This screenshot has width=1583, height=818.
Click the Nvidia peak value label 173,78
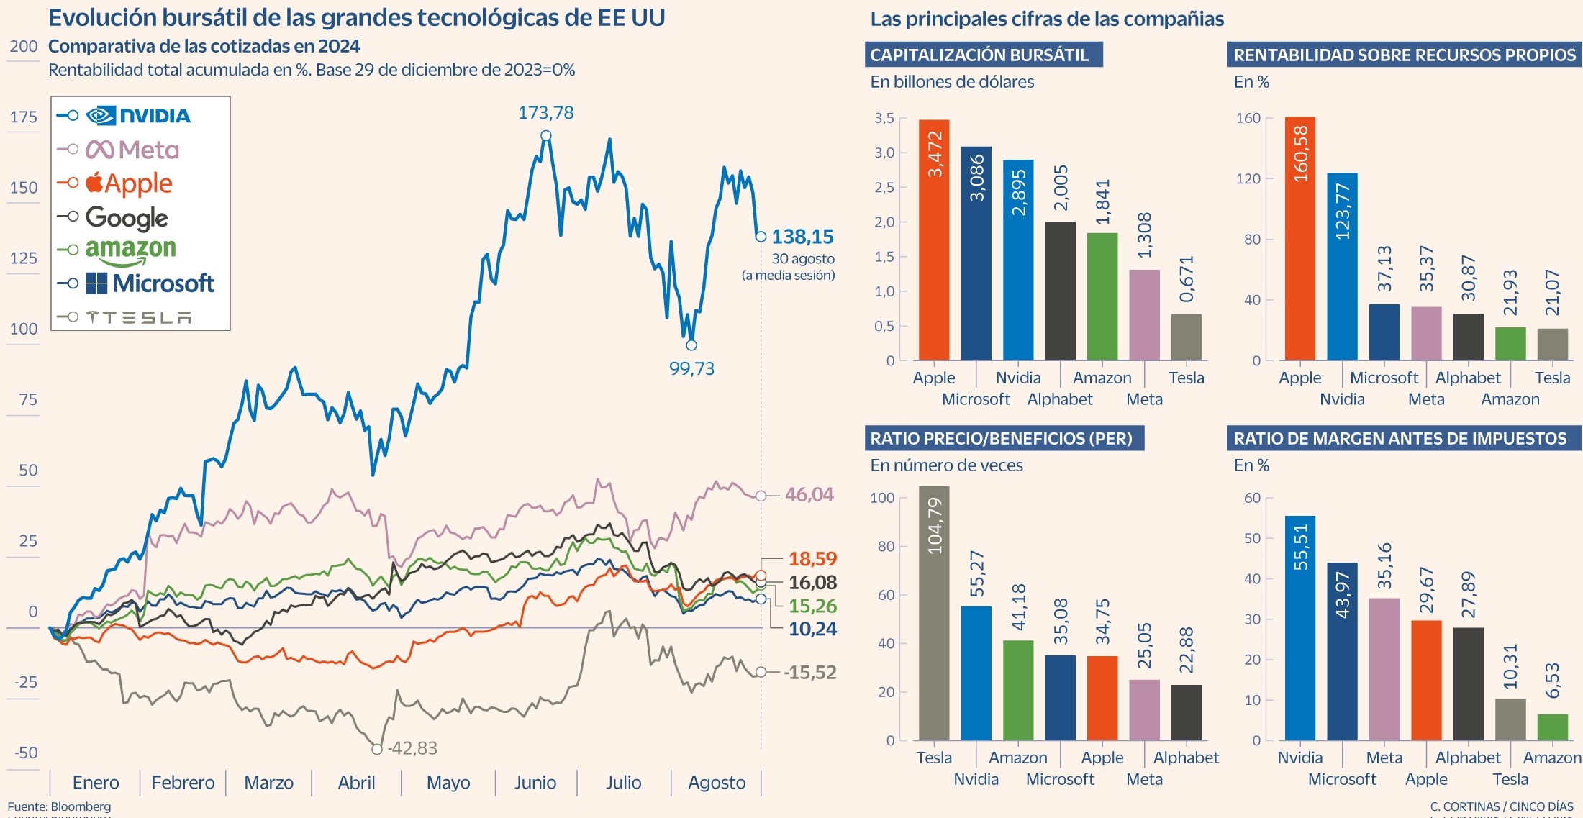[x=545, y=113]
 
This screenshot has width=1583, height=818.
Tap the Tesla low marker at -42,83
[x=376, y=749]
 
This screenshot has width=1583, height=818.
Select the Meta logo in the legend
[x=132, y=150]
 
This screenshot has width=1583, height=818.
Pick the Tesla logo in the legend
[x=138, y=317]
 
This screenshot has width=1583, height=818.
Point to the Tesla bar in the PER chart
[x=933, y=613]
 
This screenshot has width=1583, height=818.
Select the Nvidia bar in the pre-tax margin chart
[x=1299, y=627]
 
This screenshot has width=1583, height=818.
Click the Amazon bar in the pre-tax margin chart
[x=1552, y=727]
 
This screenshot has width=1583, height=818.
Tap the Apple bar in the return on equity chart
[x=1299, y=238]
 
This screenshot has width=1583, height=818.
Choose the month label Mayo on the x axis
[x=448, y=783]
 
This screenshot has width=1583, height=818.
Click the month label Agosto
[x=716, y=783]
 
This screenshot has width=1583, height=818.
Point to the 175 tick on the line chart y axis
[x=23, y=117]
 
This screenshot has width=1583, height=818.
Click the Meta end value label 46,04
[x=809, y=495]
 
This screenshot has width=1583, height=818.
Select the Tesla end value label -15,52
[x=810, y=673]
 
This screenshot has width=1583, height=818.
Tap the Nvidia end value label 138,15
[x=802, y=237]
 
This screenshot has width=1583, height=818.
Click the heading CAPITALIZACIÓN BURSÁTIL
[x=979, y=55]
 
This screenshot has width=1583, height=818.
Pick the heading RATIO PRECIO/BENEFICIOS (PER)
[x=1001, y=438]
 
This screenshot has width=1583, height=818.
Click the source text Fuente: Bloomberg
[x=59, y=806]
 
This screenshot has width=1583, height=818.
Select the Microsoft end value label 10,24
[x=812, y=630]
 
